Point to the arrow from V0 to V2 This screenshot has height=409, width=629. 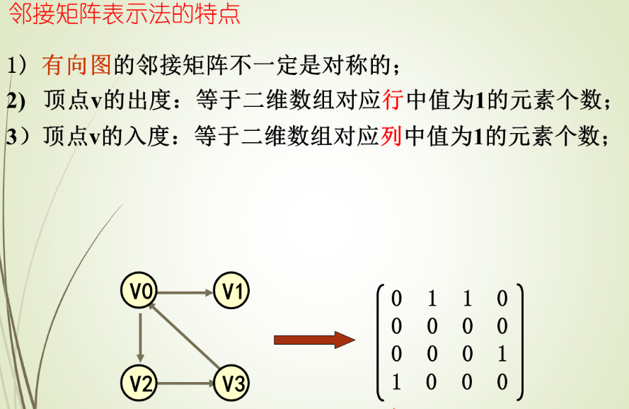pyautogui.click(x=141, y=337)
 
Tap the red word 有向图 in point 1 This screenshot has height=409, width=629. pyautogui.click(x=77, y=66)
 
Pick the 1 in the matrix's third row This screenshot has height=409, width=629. pyautogui.click(x=502, y=355)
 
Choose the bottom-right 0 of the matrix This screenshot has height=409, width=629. pyautogui.click(x=502, y=383)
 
